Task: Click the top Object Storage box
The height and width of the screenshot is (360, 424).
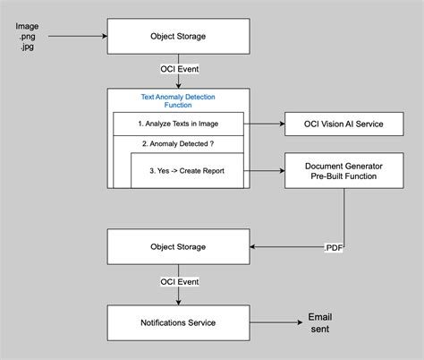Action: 178,37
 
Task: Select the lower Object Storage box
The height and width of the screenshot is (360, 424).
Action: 178,246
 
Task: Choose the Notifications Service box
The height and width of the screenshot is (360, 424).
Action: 178,321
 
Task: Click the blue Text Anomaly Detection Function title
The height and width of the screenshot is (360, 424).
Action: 178,100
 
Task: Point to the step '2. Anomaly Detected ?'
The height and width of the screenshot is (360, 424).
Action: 178,143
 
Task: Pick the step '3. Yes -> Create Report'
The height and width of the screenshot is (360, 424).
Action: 187,169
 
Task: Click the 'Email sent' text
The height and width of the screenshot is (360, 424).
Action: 319,322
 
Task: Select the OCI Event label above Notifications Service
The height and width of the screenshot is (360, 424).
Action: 178,282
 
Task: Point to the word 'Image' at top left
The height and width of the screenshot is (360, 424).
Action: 27,26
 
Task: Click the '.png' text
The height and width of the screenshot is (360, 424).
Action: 27,38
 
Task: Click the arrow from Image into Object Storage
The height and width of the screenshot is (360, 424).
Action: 76,38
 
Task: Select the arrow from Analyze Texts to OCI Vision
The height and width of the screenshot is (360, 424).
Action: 266,124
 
